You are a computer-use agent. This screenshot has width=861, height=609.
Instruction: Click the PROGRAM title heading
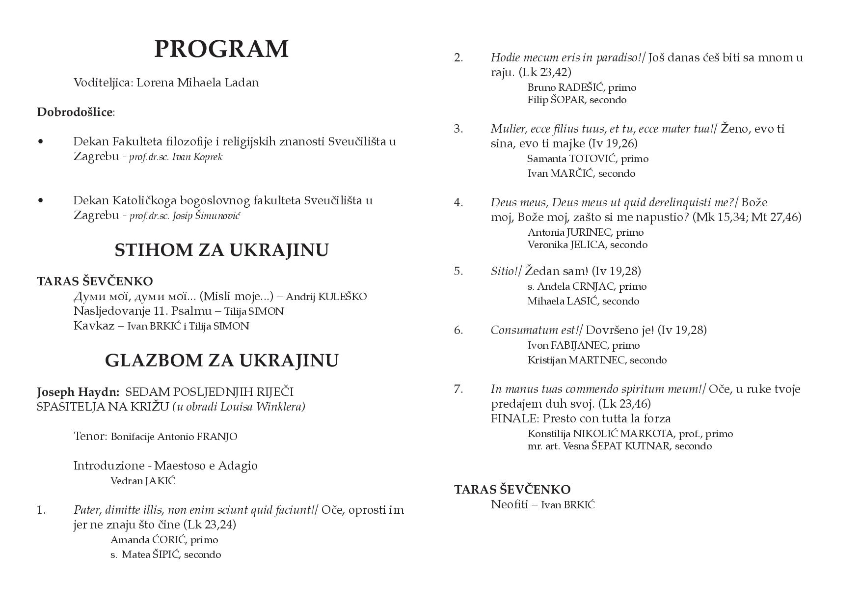[x=221, y=49]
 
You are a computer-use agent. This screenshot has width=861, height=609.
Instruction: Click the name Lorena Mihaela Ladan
[x=197, y=83]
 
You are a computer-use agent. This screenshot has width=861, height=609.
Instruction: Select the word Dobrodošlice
[x=75, y=112]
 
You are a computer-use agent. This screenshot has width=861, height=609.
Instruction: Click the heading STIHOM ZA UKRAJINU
[x=221, y=250]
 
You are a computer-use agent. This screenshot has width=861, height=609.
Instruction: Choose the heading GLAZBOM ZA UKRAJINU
[x=221, y=360]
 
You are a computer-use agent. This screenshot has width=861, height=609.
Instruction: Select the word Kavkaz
[x=94, y=326]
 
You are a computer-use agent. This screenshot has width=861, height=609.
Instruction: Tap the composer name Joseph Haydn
[x=78, y=392]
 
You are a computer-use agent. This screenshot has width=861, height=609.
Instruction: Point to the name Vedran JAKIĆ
[x=142, y=481]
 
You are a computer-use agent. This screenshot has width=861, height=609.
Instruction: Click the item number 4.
[x=458, y=202]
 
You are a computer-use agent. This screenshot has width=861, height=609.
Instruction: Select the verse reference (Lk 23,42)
[x=545, y=72]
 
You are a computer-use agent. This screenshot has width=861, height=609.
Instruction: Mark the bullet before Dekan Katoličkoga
[x=40, y=200]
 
